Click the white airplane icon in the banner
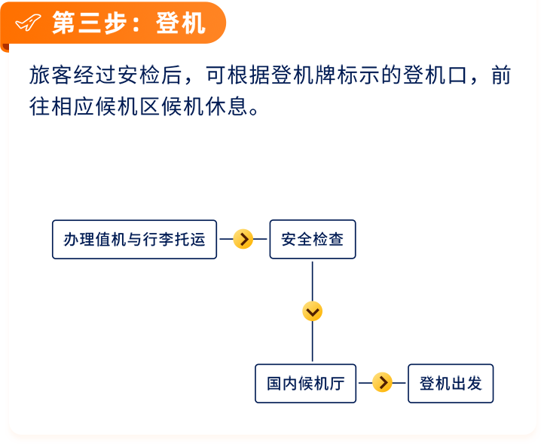[29, 23]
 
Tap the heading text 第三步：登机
[129, 23]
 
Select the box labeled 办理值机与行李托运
[135, 239]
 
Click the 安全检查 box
[313, 239]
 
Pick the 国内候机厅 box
[306, 383]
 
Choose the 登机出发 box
[451, 383]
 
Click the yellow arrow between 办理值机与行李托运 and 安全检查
[243, 239]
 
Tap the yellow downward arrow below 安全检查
[312, 311]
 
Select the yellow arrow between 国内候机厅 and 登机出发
[382, 382]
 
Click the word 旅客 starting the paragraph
[51, 75]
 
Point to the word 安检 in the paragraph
[139, 75]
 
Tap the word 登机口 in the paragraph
[436, 75]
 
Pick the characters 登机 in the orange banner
[181, 23]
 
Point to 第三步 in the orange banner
[90, 23]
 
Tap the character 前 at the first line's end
[501, 75]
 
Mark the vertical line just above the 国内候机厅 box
[313, 341]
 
